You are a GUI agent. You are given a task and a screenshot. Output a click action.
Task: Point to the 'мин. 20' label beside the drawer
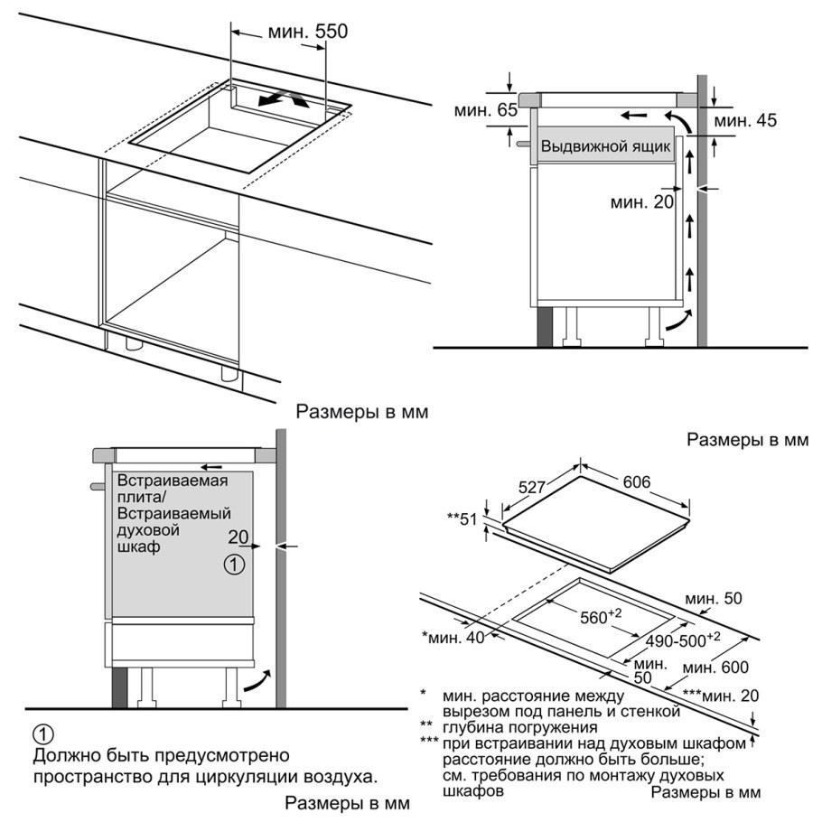coord(642,202)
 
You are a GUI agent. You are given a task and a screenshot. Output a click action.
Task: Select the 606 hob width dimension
coord(637,481)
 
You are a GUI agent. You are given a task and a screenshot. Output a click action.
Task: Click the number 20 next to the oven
coord(238,537)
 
